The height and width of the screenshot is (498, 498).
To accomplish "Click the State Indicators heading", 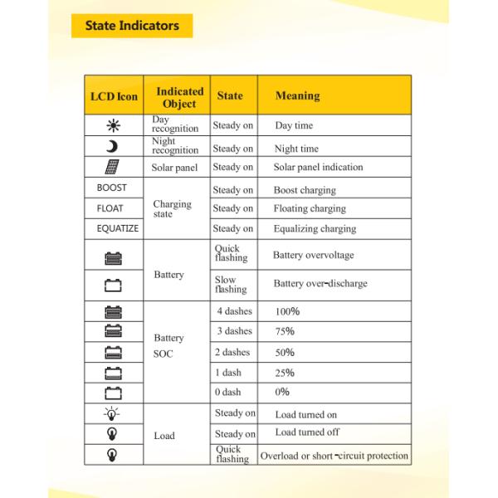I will coord(132,26).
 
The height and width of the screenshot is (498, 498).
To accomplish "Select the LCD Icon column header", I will coord(114,96).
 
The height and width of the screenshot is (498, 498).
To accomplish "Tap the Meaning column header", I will coord(297,96).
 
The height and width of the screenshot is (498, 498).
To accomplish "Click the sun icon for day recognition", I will coord(113,125).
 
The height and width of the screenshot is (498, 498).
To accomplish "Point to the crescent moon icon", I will coord(113,147).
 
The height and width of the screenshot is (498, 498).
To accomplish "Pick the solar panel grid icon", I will coord(112,167).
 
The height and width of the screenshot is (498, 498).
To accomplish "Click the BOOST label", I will coord(112,188).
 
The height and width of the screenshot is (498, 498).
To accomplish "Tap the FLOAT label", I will coord(110,208).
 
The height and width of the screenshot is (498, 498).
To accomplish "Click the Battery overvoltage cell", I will coord(313,256).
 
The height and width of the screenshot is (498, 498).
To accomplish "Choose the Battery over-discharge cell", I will coord(320,284).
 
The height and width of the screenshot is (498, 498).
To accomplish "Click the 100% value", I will coord(287,311).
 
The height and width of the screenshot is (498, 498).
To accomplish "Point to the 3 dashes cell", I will coord(233,331).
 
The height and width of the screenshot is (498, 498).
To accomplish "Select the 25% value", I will coord(285,373).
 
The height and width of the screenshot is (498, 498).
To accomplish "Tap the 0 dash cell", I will coord(228,393).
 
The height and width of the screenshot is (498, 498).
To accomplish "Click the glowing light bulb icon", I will coord(112,413).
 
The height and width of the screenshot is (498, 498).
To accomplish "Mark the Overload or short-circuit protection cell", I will coord(334,456).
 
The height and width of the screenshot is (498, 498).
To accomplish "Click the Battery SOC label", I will coord(168,345).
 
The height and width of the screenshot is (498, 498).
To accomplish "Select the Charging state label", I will coord(172,208).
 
